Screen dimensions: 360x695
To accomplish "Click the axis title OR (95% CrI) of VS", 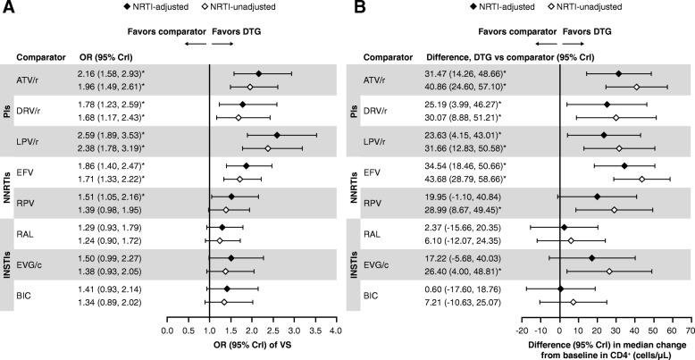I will click(250, 345).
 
